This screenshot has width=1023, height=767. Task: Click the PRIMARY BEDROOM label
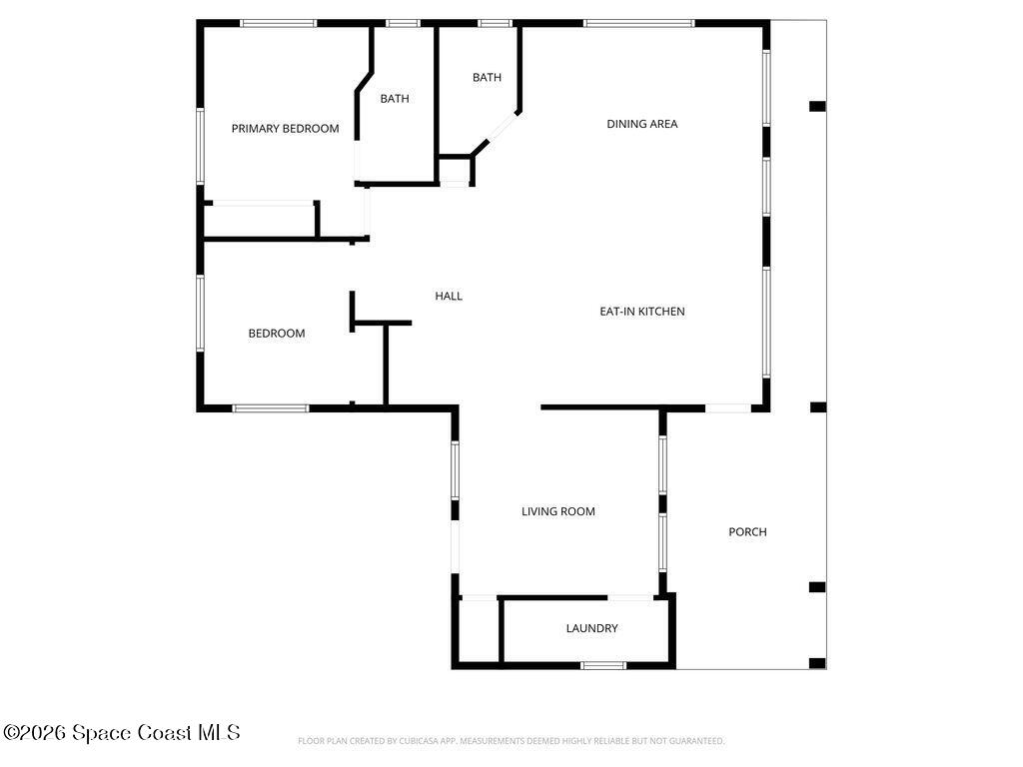(285, 129)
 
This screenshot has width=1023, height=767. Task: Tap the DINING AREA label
(642, 124)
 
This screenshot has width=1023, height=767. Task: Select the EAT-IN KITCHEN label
(642, 312)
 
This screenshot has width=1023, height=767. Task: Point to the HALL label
(449, 296)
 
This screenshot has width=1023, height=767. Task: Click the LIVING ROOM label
(557, 512)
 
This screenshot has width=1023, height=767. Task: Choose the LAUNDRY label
(591, 629)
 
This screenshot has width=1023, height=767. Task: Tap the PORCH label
(747, 532)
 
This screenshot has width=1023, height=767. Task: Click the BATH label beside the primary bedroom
(395, 99)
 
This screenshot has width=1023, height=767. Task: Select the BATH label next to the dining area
(487, 78)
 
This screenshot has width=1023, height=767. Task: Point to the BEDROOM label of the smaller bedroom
(277, 334)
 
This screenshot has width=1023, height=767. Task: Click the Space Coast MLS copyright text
(121, 732)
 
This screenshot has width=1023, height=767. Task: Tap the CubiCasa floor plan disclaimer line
(511, 741)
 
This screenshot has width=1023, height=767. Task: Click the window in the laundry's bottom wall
(603, 666)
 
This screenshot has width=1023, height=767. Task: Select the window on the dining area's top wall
(639, 24)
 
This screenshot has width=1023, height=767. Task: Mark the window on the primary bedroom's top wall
(278, 24)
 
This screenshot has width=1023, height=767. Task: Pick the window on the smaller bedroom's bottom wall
(271, 408)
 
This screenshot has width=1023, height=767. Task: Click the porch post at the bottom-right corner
(817, 663)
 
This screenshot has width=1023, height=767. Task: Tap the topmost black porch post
(817, 106)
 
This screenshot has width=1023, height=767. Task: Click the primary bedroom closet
(260, 222)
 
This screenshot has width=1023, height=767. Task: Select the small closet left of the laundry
(479, 631)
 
